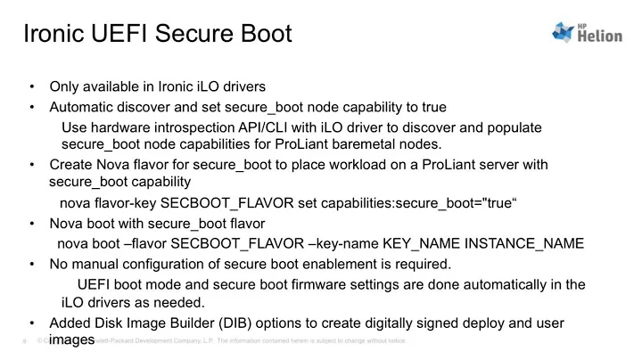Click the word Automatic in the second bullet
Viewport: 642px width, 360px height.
82,107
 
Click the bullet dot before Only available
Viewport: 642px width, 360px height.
32,87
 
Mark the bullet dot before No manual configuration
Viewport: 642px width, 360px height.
32,264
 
